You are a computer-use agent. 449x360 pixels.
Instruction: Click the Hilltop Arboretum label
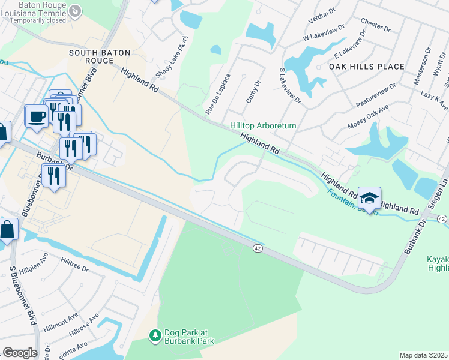(263, 126)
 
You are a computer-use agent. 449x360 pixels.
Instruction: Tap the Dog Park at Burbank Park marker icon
(155, 334)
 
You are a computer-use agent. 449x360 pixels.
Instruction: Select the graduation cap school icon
(370, 197)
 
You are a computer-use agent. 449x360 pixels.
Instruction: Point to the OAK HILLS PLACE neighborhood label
(367, 67)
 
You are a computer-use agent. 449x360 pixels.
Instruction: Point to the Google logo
(20, 353)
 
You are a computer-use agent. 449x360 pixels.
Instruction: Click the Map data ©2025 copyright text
(423, 355)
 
